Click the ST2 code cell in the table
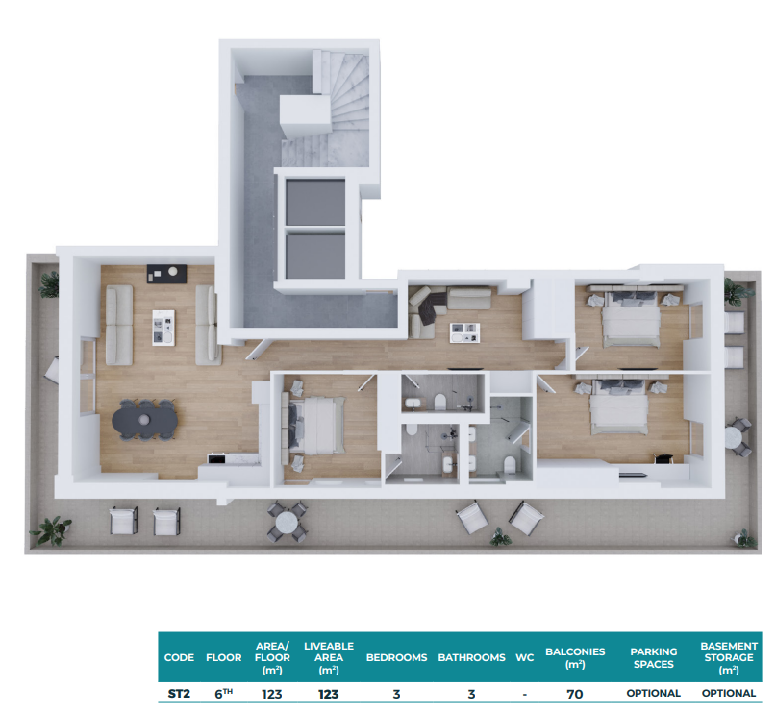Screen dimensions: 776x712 tap(179, 694)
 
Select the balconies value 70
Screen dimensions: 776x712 tap(575, 694)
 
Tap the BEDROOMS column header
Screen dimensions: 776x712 tap(396, 657)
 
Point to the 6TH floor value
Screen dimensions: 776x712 tap(224, 693)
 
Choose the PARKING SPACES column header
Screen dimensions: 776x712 tap(653, 658)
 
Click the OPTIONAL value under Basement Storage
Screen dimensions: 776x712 tap(729, 693)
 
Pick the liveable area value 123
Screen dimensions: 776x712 tap(329, 694)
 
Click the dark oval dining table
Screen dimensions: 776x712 tap(144, 420)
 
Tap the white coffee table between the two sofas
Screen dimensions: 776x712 tap(163, 328)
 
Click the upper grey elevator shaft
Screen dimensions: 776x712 tap(315, 202)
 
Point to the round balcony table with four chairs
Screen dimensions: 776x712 tap(288, 522)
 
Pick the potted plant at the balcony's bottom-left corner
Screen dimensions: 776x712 tap(52, 530)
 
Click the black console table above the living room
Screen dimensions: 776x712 tap(166, 274)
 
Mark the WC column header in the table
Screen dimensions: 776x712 tap(525, 657)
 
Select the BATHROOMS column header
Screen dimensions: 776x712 tap(471, 657)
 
